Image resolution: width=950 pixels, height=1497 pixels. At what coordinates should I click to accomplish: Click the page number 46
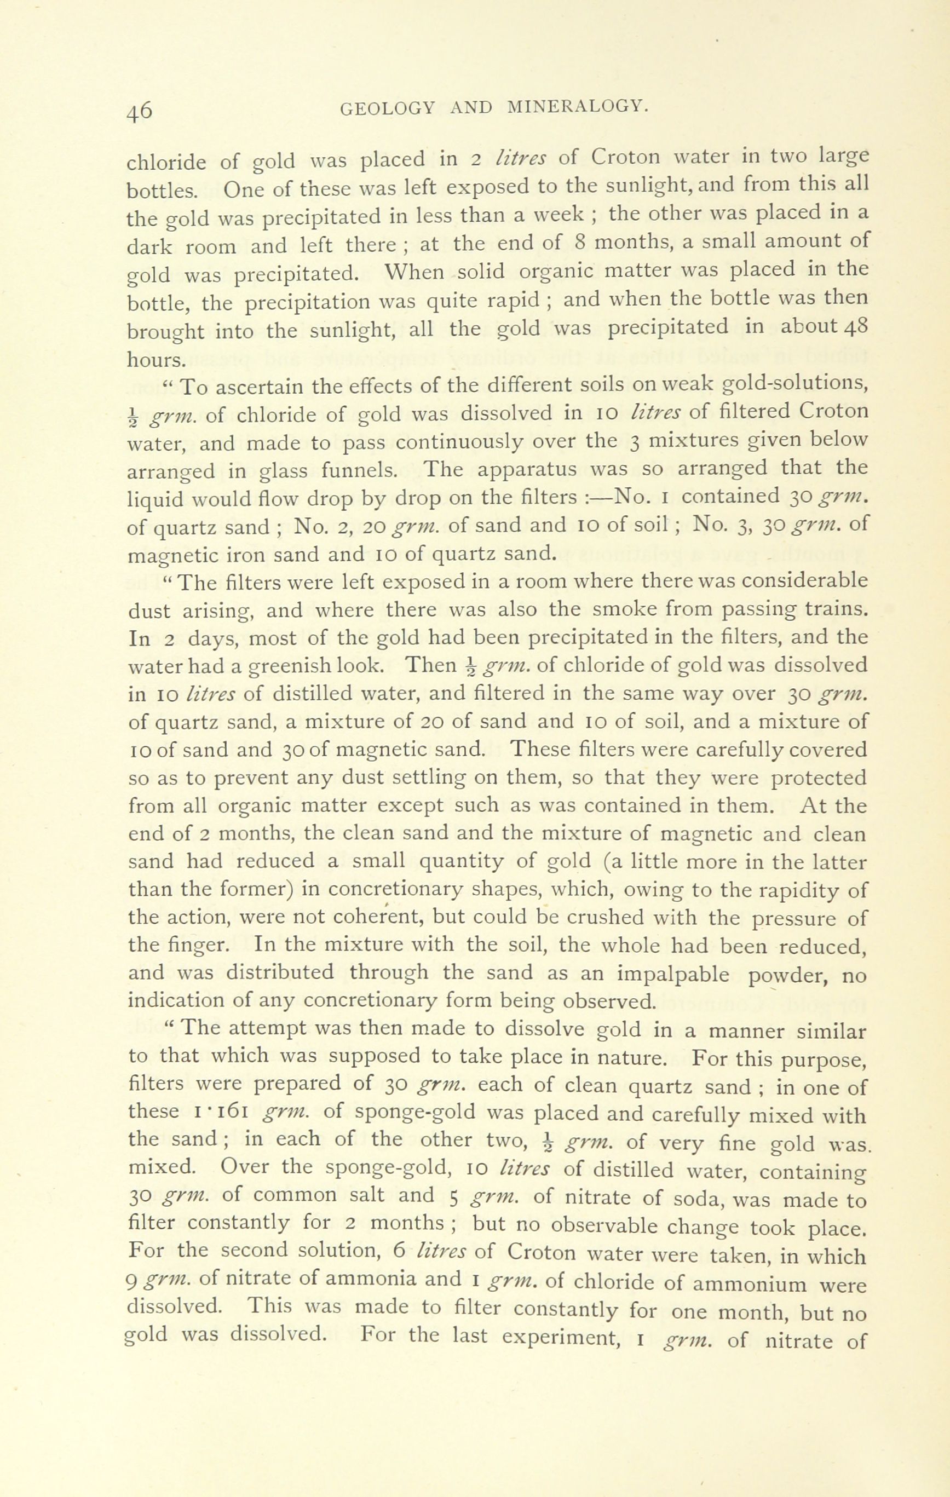pyautogui.click(x=139, y=110)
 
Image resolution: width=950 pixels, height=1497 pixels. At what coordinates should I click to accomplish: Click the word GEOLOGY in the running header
pyautogui.click(x=389, y=108)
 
